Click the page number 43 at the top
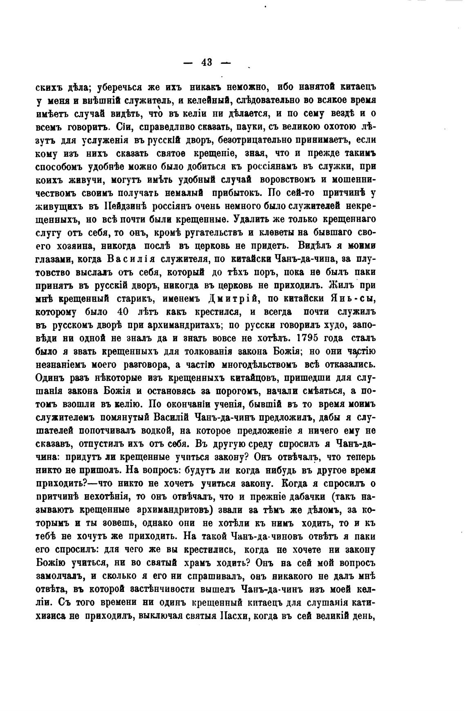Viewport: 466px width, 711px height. click(x=206, y=62)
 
